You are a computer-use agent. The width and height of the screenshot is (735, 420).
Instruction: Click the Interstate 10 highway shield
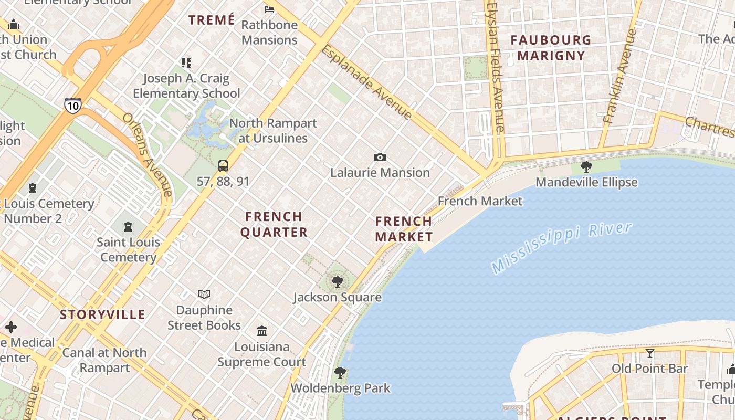[73, 105]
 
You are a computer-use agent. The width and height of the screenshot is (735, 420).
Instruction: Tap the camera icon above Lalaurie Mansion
[380, 157]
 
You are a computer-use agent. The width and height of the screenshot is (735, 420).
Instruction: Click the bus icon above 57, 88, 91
[223, 166]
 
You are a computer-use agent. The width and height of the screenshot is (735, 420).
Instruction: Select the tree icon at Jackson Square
[338, 282]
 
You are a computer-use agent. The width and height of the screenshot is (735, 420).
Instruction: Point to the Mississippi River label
[562, 247]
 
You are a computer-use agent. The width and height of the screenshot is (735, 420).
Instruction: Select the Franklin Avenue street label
[621, 76]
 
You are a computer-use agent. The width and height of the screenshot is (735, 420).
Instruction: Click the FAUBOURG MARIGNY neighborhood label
[551, 48]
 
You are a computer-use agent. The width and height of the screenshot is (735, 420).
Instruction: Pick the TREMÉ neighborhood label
[212, 20]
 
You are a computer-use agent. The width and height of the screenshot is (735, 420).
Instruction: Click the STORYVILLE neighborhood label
[102, 314]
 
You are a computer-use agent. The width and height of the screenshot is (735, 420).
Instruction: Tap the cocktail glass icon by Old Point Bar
[650, 353]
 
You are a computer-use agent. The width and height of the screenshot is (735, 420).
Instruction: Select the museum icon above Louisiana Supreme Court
[262, 331]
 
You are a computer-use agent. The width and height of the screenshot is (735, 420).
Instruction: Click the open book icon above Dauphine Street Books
[204, 295]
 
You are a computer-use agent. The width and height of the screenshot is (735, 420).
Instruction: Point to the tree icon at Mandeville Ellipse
[586, 167]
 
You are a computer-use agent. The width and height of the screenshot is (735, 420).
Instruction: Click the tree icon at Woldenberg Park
[340, 373]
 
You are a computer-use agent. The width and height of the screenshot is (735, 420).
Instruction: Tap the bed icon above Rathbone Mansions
[269, 9]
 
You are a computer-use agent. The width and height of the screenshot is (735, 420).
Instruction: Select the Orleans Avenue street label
[148, 154]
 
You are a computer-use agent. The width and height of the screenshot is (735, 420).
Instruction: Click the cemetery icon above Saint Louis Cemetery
[128, 227]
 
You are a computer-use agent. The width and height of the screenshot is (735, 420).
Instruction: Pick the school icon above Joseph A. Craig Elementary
[186, 63]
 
